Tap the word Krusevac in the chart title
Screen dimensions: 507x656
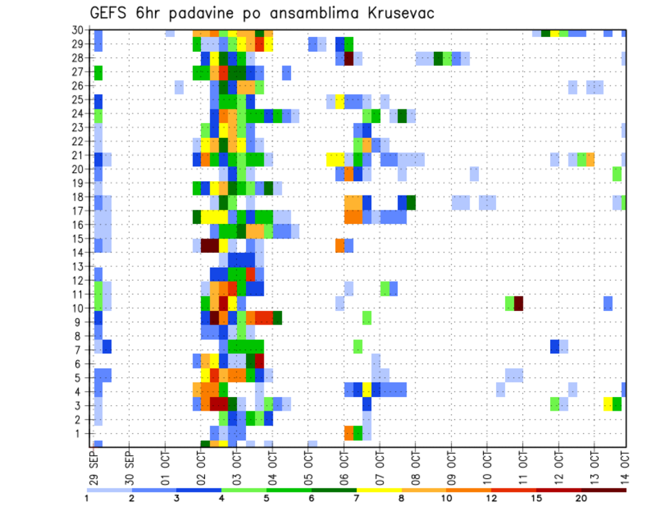coord(401,13)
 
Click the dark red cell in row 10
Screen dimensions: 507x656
coord(518,303)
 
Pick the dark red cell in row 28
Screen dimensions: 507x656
coord(348,59)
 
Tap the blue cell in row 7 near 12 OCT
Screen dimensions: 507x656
coord(554,346)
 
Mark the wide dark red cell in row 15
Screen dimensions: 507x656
coord(209,245)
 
